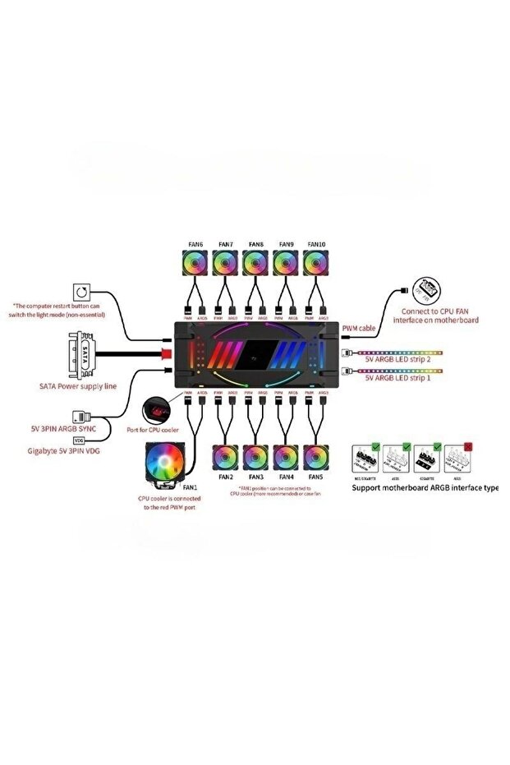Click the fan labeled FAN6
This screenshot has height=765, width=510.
[x=196, y=263]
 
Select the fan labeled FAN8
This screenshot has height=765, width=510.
[x=256, y=263]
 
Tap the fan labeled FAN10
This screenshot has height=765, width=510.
[x=316, y=263]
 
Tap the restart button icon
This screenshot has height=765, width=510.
[x=83, y=293]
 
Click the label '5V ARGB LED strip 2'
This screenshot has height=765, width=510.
[x=399, y=359]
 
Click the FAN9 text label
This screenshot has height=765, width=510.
[x=286, y=244]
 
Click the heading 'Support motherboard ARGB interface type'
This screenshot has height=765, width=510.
[x=425, y=487]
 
